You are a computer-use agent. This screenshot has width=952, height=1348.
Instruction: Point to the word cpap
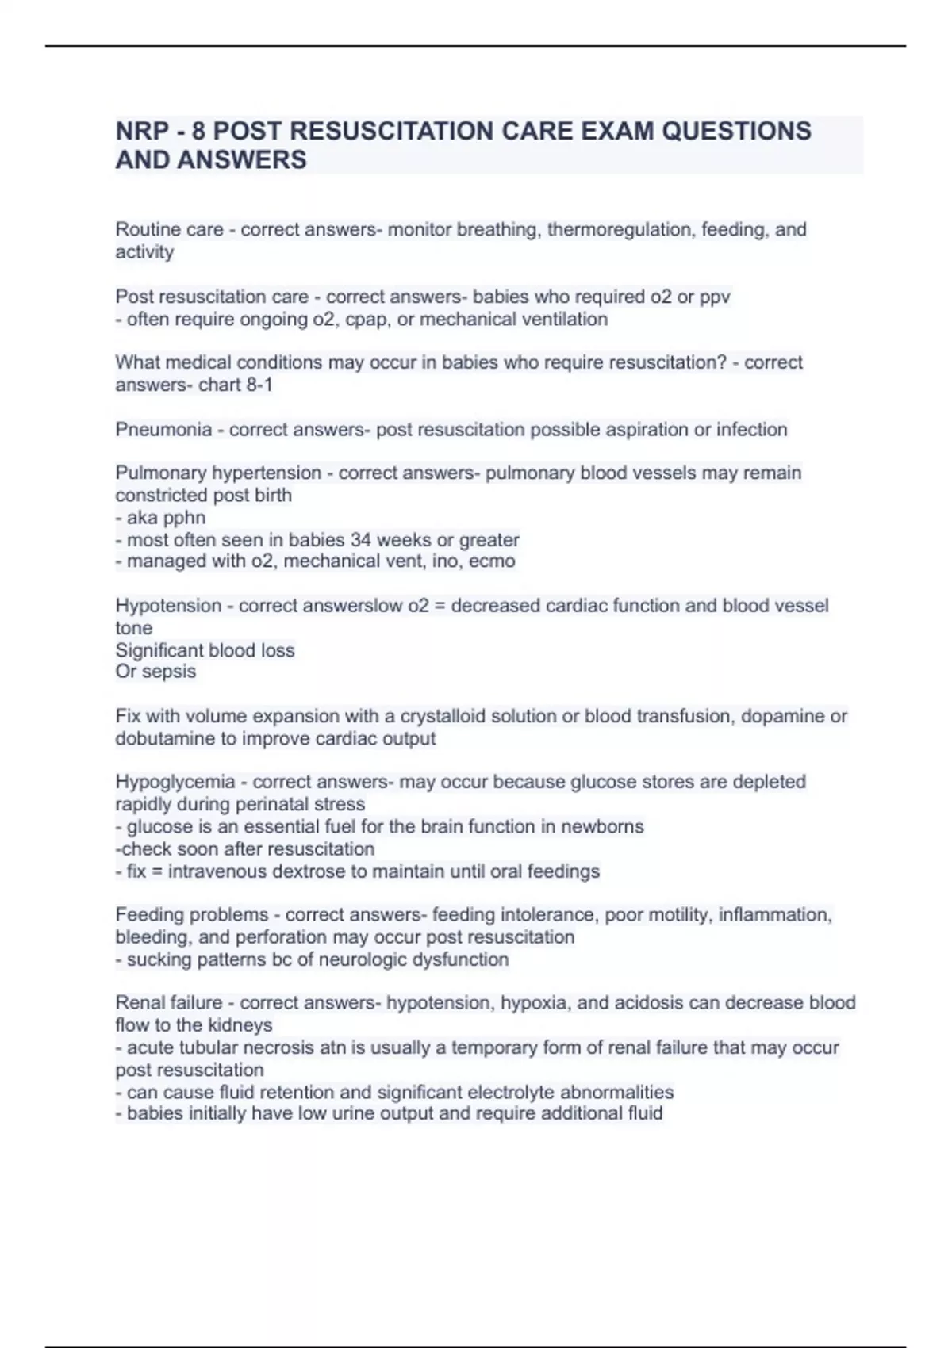367,320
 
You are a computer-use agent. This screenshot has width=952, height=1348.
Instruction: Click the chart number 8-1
259,385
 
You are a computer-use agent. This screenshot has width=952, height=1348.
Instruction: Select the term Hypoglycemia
175,782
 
